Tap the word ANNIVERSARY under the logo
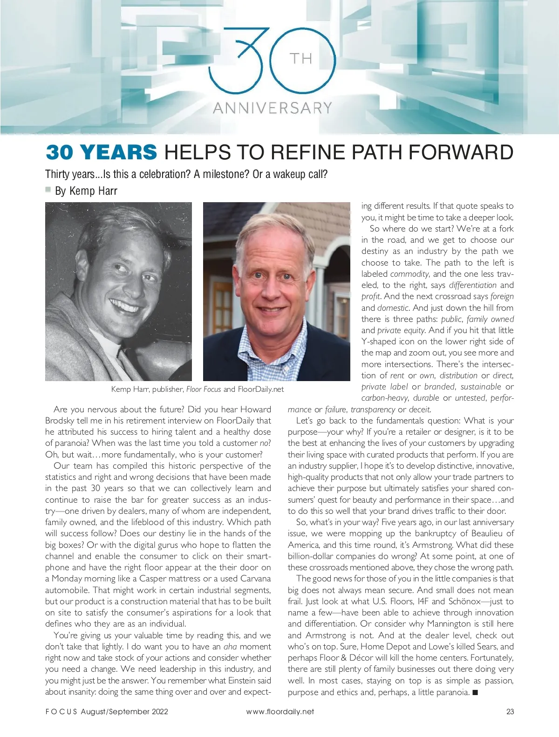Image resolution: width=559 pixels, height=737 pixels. pos(273,108)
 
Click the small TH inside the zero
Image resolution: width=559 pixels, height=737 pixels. pos(301,59)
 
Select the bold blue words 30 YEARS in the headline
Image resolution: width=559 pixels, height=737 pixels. pos(102,152)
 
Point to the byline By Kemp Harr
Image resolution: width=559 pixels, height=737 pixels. pos(86,191)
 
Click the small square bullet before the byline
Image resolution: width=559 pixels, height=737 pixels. pos(48,190)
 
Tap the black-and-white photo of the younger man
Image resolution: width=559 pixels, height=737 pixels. pos(118,291)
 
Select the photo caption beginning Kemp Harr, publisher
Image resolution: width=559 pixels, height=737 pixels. pos(198,389)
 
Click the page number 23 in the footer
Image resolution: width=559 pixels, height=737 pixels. pos(510,711)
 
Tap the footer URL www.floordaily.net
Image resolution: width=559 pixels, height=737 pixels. pos(280,711)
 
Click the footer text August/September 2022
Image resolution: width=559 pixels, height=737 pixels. pos(124,711)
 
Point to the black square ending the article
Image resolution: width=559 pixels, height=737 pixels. pos(475,692)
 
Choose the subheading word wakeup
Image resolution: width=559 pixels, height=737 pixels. pos(289,174)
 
